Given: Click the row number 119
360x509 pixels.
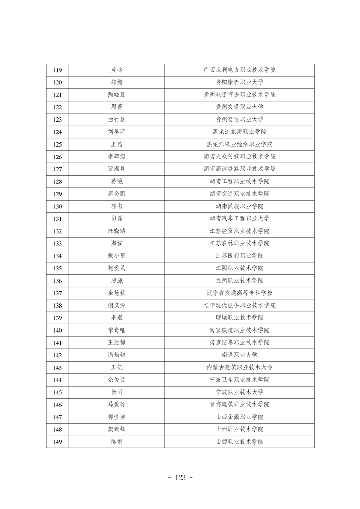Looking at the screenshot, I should (x=58, y=70).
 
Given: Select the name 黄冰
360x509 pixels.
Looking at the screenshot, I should (x=117, y=70).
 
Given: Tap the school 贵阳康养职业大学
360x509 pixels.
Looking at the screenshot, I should (x=239, y=82).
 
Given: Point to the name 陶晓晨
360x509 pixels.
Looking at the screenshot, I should (x=117, y=94).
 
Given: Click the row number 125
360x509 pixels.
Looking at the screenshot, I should (x=58, y=144).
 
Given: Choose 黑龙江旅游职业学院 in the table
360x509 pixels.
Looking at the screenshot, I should (x=239, y=132).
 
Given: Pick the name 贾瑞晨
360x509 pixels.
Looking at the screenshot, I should (x=117, y=169).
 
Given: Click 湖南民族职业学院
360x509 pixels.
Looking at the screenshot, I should (x=239, y=206).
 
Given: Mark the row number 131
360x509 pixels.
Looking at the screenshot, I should (x=58, y=218).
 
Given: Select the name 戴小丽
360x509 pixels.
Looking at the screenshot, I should (x=117, y=255).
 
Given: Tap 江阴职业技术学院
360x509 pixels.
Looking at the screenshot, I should (x=239, y=268).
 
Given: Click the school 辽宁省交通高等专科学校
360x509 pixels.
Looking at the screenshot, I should (x=239, y=293).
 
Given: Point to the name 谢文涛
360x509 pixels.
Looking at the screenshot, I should (x=117, y=305).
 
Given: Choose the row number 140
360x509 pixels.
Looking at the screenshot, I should (x=58, y=330).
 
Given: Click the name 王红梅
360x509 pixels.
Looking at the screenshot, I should (x=117, y=343).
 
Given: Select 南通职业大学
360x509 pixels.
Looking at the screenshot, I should (x=239, y=355).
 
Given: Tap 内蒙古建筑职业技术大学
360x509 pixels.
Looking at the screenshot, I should (x=239, y=367).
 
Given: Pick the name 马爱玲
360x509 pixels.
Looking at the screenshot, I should (x=117, y=404).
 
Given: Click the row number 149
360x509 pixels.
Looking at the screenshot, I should (x=58, y=442).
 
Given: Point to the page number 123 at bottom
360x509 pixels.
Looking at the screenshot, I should (x=180, y=478).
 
